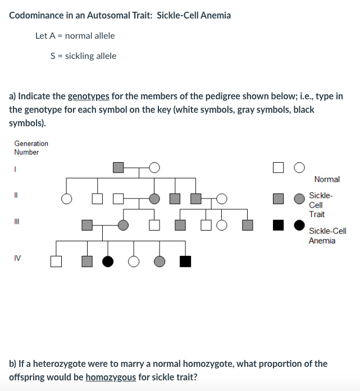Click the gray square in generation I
(x=118, y=167)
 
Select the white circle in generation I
(x=154, y=167)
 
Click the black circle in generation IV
(x=108, y=261)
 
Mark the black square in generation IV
(x=185, y=261)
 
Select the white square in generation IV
(x=55, y=261)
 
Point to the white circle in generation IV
(x=134, y=261)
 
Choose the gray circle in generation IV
(x=160, y=261)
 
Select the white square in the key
(x=278, y=167)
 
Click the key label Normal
(x=327, y=180)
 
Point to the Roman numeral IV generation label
(x=17, y=259)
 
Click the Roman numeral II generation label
(x=17, y=196)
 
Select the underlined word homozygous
(x=111, y=377)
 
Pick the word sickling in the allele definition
(x=80, y=56)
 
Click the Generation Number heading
(x=31, y=148)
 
